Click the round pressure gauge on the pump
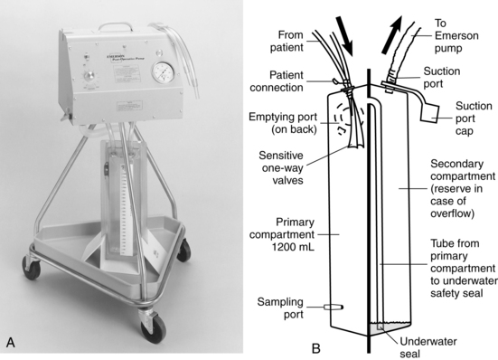coord(163,72)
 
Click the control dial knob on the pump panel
coord(89,76)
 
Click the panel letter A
coord(11,343)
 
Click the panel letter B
coord(316,348)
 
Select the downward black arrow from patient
coord(344,35)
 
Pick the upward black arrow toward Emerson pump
coord(392,35)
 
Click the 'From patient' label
coord(287,41)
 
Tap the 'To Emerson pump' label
coord(456,35)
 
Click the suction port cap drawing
coord(429,112)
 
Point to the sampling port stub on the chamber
coord(334,307)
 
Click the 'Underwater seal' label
coord(428,347)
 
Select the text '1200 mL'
coord(293,247)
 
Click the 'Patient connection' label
coord(277,81)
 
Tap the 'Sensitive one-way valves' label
coord(281,167)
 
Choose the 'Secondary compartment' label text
coord(463,170)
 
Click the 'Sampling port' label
coord(280,308)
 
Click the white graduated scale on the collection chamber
coord(124,204)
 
